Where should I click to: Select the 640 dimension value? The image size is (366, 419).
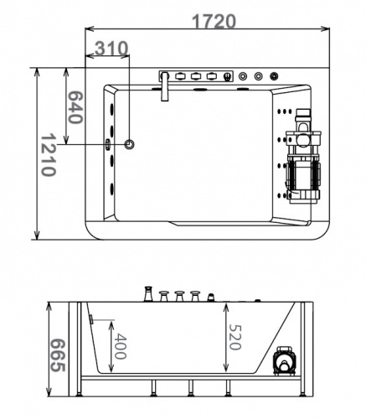pos(74,107)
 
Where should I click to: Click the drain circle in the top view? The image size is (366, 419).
pos(129,144)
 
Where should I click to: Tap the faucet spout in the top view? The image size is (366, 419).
pos(166,89)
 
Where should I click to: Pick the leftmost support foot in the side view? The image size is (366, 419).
pos(81,388)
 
